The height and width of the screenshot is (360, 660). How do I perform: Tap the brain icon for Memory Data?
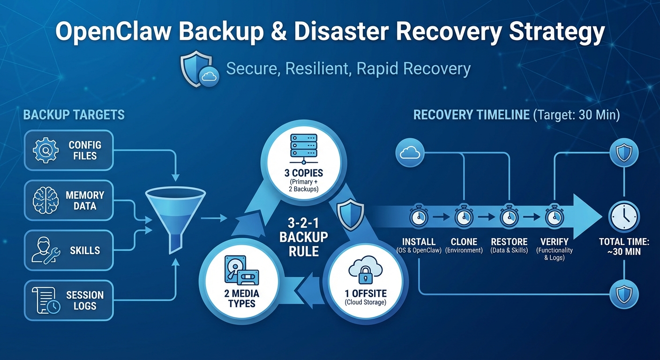(x=45, y=200)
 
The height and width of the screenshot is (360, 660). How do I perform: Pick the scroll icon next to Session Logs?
(x=45, y=300)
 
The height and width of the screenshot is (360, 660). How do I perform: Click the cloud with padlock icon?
(x=364, y=272)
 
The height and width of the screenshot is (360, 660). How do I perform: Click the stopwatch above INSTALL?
(x=419, y=217)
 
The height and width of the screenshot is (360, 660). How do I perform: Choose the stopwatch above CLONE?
(x=464, y=217)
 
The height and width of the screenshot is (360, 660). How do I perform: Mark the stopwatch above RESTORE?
(x=509, y=217)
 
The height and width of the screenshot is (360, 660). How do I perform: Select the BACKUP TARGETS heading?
(x=74, y=114)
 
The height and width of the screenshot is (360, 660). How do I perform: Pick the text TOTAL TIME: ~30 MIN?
(x=624, y=247)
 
